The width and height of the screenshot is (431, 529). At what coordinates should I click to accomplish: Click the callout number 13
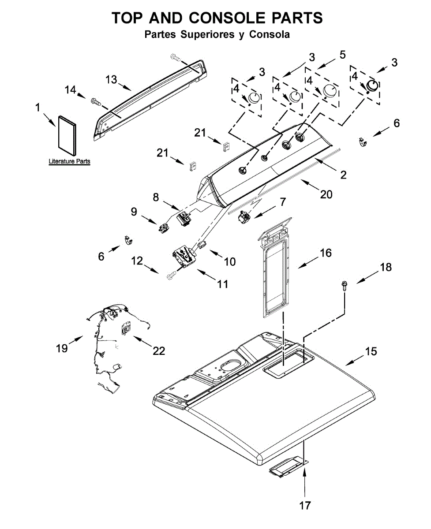point(111,80)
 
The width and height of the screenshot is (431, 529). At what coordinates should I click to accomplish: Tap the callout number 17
point(305,505)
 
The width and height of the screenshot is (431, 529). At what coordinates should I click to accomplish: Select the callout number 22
point(159,350)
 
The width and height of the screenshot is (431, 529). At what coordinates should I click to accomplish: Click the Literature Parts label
point(69,161)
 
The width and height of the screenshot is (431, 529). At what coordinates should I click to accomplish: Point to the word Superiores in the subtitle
point(207,34)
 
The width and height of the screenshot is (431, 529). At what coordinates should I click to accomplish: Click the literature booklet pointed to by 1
point(67,136)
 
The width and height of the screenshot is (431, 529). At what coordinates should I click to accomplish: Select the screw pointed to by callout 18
point(345,287)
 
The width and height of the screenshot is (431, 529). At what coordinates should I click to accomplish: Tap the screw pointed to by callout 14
point(97,101)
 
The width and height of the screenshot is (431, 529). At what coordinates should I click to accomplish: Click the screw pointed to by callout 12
point(172,276)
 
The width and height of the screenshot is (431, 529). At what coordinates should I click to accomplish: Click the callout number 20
point(326,194)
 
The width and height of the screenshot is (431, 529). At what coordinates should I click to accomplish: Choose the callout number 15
point(371,351)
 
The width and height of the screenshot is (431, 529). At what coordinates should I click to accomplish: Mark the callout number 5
point(342,55)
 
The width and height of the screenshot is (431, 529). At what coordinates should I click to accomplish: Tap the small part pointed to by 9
point(164,227)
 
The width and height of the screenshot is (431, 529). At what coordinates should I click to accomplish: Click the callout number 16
point(326,253)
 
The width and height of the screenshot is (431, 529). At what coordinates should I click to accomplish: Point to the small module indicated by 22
point(127,328)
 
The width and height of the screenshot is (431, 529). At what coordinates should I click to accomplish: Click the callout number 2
point(343,175)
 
